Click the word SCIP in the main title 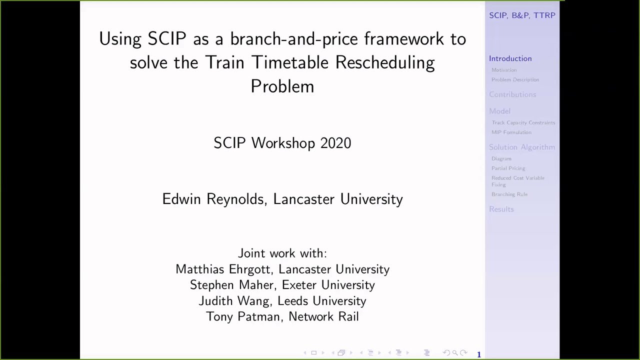point(166,39)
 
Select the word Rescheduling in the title point(384,63)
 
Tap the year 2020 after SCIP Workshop point(335,143)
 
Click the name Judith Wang point(234,301)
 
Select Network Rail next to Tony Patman point(323,316)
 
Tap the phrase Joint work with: point(282,253)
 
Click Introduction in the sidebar point(510,58)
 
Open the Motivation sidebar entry point(504,70)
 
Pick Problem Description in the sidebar point(515,79)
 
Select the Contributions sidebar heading point(512,94)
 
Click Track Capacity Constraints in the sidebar point(523,122)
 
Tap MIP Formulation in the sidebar point(511,132)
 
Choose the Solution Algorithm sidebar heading point(521,147)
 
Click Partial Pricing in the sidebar point(508,168)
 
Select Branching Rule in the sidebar point(509,194)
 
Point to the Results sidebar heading point(501,209)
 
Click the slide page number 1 point(478,354)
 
